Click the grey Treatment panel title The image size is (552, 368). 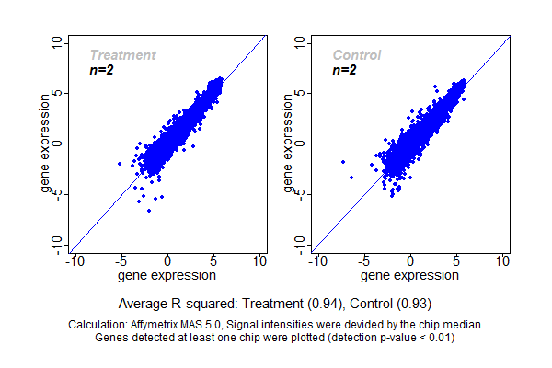click(x=122, y=55)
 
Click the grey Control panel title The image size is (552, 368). click(x=357, y=55)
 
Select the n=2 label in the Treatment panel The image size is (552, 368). click(x=101, y=70)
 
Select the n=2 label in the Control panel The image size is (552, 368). click(x=344, y=70)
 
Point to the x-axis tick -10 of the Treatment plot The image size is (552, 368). click(x=75, y=262)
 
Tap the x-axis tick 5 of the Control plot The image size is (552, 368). click(x=457, y=262)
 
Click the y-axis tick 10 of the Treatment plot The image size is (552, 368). click(x=57, y=42)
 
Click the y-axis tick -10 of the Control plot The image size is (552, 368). click(x=301, y=243)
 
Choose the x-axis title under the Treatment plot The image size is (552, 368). click(x=167, y=275)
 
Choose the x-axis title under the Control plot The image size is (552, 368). click(x=410, y=275)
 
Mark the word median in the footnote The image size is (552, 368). click(x=463, y=325)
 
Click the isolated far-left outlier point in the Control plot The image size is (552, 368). click(x=343, y=161)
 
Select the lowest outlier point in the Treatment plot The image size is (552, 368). click(x=149, y=210)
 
